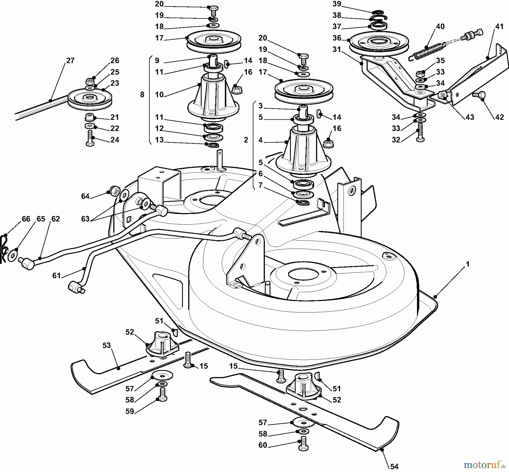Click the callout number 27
point(70,60)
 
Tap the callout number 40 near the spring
point(440,27)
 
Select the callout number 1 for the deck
point(467,264)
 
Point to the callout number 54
point(394,466)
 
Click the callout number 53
point(106,345)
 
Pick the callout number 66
point(26,219)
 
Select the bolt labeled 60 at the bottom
point(303,444)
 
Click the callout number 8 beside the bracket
point(142,94)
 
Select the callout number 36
point(337,38)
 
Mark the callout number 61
point(57,275)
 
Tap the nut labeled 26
point(90,82)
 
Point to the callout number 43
point(470,117)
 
